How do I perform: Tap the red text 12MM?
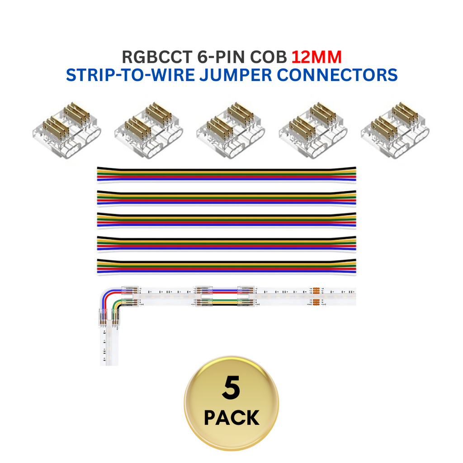pos(316,57)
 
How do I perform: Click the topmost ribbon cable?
pos(226,175)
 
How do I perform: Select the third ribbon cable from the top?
pos(226,220)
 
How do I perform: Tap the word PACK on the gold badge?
pos(231,418)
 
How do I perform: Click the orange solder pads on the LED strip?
pos(316,296)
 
